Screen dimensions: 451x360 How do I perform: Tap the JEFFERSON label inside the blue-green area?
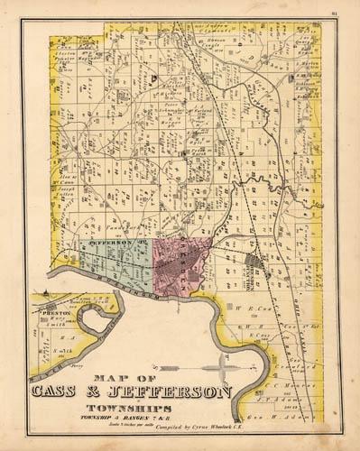click(111, 244)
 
